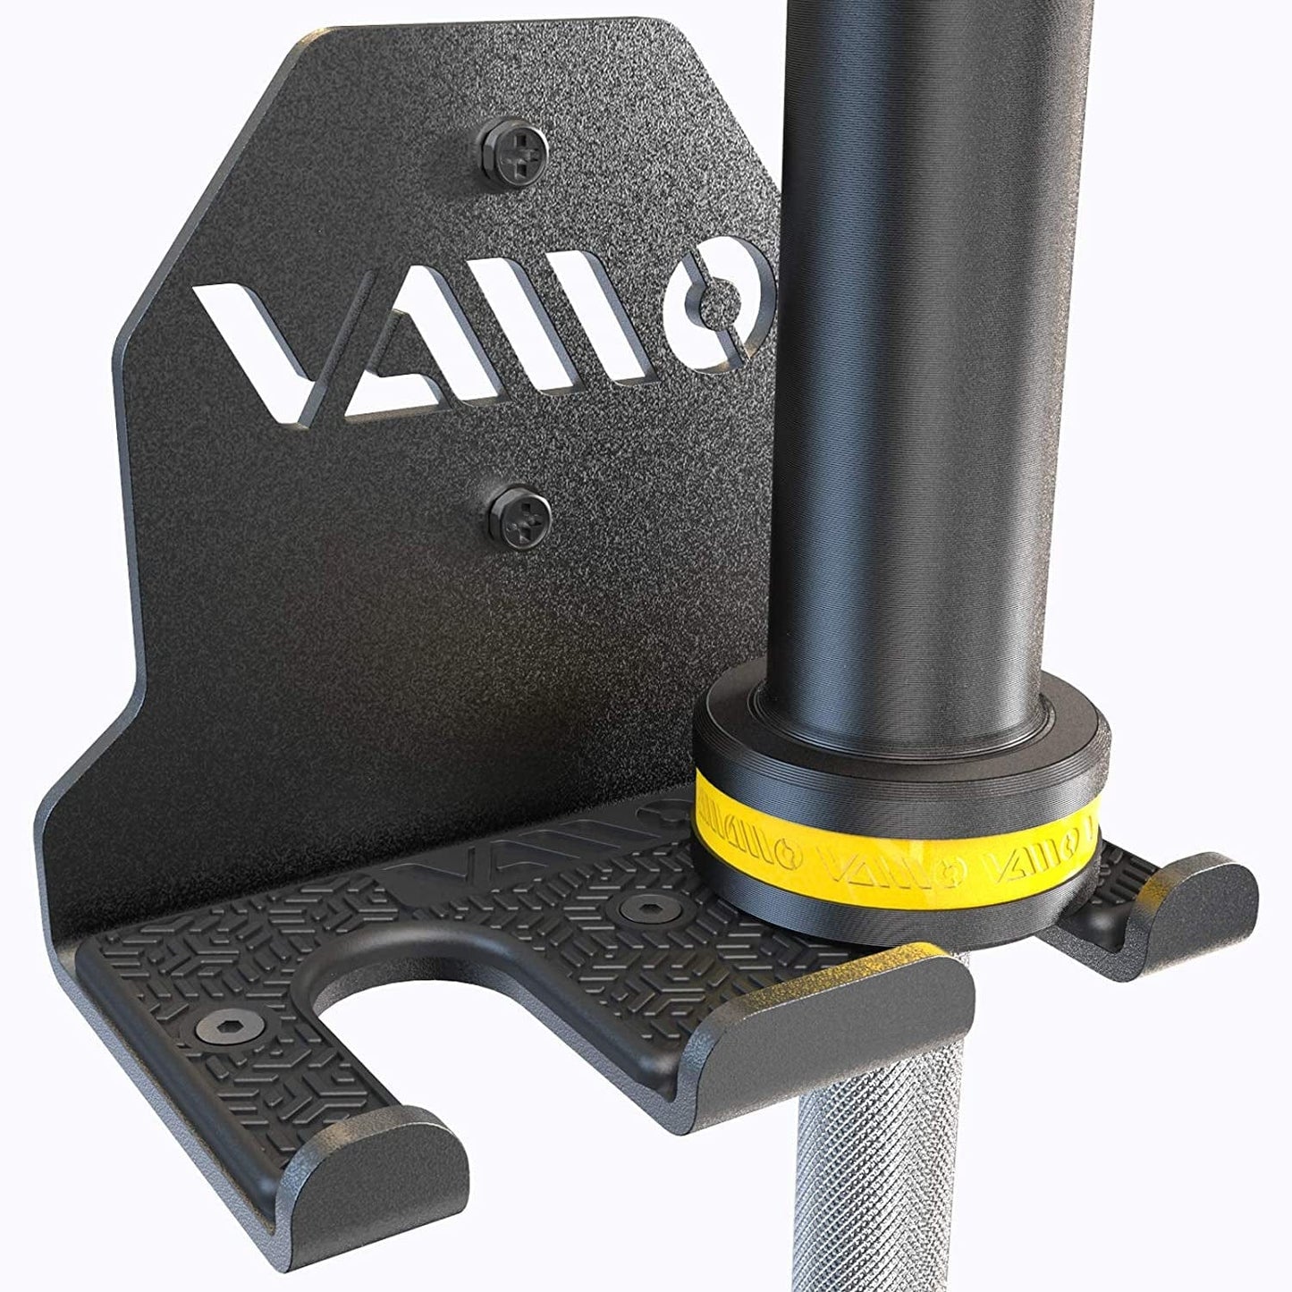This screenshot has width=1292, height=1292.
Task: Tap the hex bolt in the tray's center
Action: coord(638,908)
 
